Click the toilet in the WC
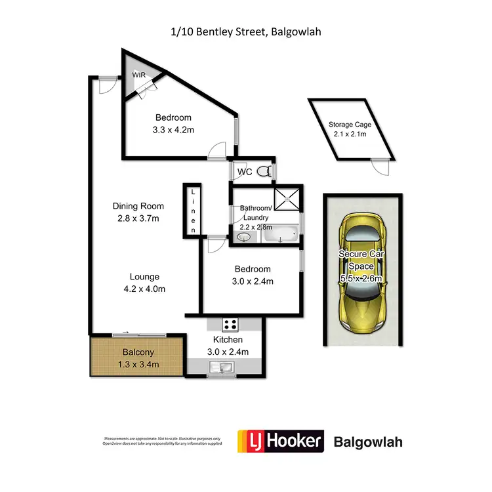coord(263,173)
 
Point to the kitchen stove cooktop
coord(230,323)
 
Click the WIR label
coord(139,75)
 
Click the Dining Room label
coord(138,206)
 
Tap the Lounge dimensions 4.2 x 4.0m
coord(144,289)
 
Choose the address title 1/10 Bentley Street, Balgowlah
coord(246,31)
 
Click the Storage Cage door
coord(379,166)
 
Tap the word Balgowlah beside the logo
coord(368,441)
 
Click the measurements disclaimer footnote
coord(163,441)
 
